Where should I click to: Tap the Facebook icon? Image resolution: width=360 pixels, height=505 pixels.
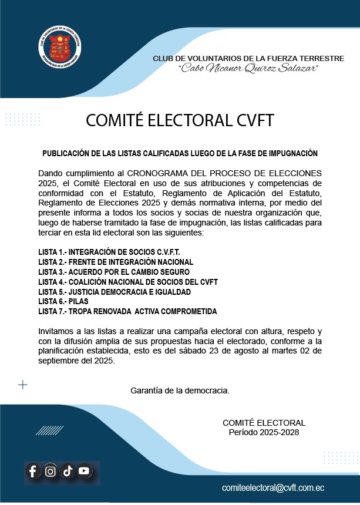click(x=33, y=471)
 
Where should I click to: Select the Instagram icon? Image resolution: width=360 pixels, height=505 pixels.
click(x=51, y=471)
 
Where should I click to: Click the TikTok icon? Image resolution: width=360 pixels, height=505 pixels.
click(x=68, y=471)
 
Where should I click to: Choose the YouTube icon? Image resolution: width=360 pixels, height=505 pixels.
click(x=84, y=470)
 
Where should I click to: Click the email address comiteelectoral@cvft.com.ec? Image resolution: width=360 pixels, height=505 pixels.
click(x=273, y=488)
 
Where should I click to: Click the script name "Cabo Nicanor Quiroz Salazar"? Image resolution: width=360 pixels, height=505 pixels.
click(x=248, y=69)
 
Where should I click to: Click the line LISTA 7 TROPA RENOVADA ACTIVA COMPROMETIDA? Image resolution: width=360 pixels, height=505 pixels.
click(x=127, y=311)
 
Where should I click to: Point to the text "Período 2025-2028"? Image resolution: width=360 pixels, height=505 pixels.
click(x=264, y=432)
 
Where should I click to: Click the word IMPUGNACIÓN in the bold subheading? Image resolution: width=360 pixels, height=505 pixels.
click(x=288, y=153)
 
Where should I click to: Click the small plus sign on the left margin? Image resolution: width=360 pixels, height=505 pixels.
click(x=23, y=385)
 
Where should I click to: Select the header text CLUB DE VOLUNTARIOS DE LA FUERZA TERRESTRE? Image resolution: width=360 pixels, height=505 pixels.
click(x=248, y=59)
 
